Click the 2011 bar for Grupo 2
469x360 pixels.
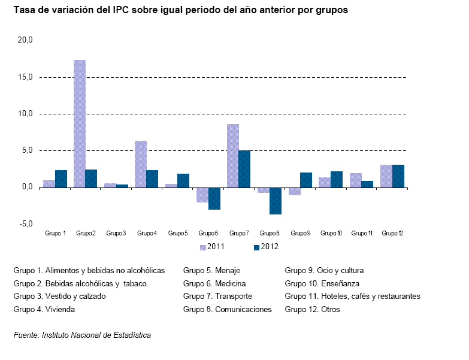[80, 124]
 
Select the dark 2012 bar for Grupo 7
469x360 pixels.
[244, 170]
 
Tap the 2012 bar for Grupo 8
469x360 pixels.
[276, 201]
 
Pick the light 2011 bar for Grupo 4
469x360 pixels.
[141, 164]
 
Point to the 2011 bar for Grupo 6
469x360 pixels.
[202, 195]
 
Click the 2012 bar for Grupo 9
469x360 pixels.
[306, 180]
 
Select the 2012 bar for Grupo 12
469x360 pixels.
[398, 176]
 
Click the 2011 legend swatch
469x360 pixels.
[203, 247]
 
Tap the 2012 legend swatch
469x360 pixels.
[256, 247]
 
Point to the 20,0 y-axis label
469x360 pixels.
[25, 40]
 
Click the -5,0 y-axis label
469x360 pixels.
[26, 223]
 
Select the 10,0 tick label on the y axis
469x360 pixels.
[25, 114]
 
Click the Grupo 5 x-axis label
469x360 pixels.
[178, 233]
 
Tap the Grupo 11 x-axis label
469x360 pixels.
[362, 233]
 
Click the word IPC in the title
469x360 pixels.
[120, 10]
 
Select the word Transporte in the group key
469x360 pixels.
[234, 297]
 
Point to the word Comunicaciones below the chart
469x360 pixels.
[243, 310]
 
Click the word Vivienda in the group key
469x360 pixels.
[60, 310]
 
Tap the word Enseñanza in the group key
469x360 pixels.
[340, 283]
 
